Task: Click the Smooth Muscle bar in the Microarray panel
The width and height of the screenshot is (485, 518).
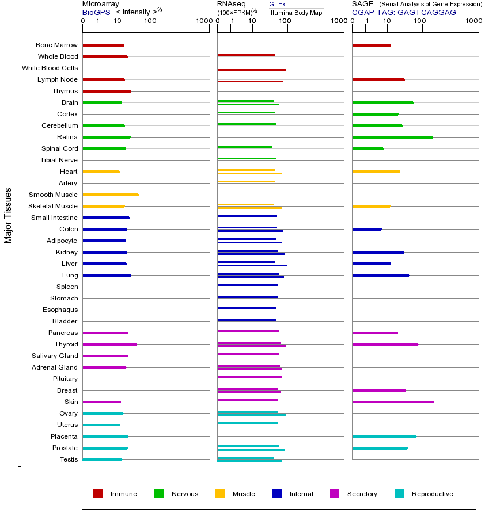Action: tap(111, 195)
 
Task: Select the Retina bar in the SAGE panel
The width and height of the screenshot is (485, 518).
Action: tap(392, 137)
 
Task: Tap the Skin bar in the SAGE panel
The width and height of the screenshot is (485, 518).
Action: tap(392, 402)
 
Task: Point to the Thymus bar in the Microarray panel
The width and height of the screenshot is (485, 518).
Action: tap(107, 91)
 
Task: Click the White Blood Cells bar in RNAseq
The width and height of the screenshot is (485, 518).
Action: tap(251, 70)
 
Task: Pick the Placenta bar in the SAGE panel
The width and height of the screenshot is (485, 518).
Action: tap(384, 436)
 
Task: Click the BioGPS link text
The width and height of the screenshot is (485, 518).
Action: tap(96, 12)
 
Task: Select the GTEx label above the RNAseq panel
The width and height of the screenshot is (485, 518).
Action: tap(277, 4)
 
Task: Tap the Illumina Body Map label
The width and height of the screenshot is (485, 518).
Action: tap(295, 12)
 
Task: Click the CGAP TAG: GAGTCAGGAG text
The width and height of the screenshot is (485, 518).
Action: tap(403, 12)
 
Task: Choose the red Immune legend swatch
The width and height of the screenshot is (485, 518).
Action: tap(98, 494)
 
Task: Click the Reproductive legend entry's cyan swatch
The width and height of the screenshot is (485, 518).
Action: tap(399, 494)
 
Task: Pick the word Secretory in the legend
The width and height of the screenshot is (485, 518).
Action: tap(362, 494)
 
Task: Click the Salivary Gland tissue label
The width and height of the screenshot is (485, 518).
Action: tap(55, 356)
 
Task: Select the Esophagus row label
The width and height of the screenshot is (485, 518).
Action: tap(60, 310)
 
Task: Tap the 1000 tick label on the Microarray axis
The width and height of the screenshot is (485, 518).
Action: tap(203, 21)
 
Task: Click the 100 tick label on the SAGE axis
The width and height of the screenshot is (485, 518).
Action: tap(420, 21)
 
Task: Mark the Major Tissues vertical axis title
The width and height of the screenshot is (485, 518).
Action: tap(8, 215)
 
